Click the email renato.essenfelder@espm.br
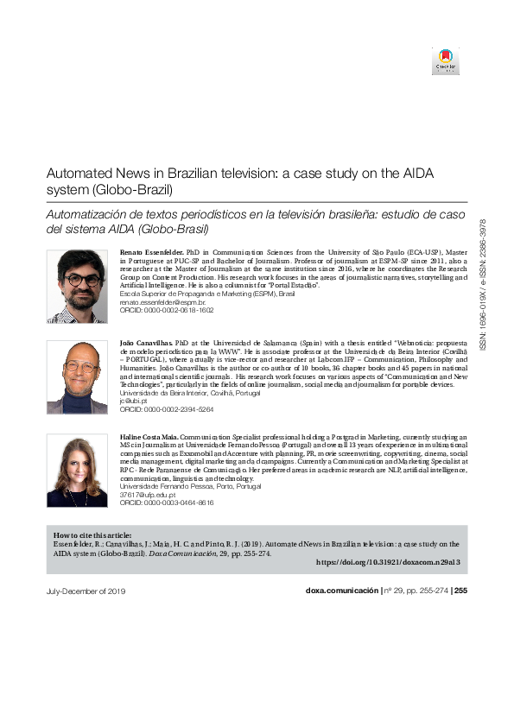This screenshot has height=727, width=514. pyautogui.click(x=162, y=305)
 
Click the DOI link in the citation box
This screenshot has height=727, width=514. pyautogui.click(x=391, y=561)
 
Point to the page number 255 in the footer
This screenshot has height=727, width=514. pyautogui.click(x=460, y=591)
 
